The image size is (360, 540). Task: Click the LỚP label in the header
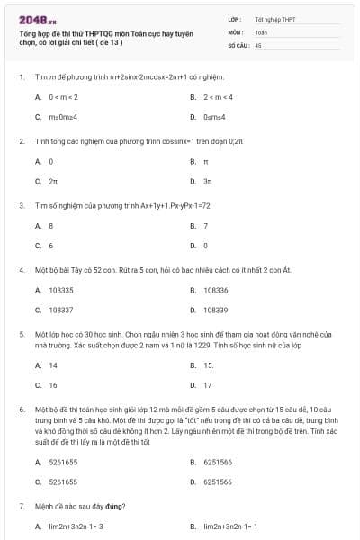pyautogui.click(x=235, y=19)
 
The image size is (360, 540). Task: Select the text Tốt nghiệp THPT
pyautogui.click(x=274, y=19)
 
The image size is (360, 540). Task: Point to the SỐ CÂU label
pyautogui.click(x=238, y=44)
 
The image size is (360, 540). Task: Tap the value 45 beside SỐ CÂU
pyautogui.click(x=258, y=44)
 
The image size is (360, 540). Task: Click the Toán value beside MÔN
pyautogui.click(x=261, y=31)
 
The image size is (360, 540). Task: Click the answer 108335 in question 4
pyautogui.click(x=61, y=290)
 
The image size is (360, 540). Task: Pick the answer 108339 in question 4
pyautogui.click(x=216, y=310)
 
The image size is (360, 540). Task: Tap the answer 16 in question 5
pyautogui.click(x=53, y=384)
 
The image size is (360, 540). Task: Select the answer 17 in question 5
pyautogui.click(x=208, y=384)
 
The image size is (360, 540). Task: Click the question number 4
pyautogui.click(x=21, y=269)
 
